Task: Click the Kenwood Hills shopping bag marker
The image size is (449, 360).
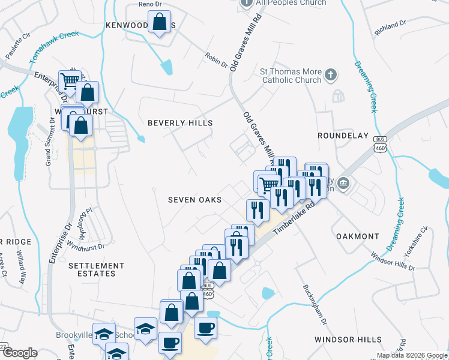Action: (159, 22)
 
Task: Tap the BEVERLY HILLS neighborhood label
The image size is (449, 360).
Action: (180, 123)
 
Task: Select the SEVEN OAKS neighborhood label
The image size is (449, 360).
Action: (194, 200)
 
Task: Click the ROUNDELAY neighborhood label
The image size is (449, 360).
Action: (343, 136)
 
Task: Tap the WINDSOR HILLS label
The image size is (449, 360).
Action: (343, 340)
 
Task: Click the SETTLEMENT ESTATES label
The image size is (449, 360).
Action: (96, 269)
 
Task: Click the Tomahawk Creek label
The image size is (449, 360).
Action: (54, 47)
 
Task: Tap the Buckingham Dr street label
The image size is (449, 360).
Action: (315, 304)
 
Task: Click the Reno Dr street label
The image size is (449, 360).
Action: (150, 4)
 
